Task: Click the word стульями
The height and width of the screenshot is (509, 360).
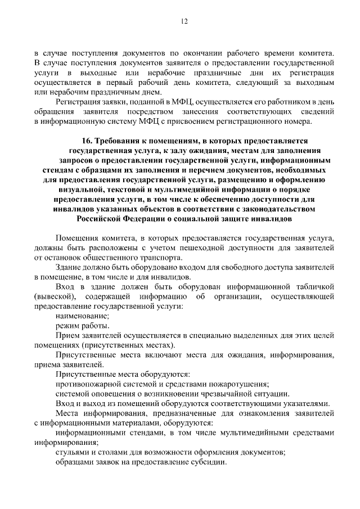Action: [71, 453]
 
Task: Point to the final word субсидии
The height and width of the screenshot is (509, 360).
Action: [209, 462]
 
